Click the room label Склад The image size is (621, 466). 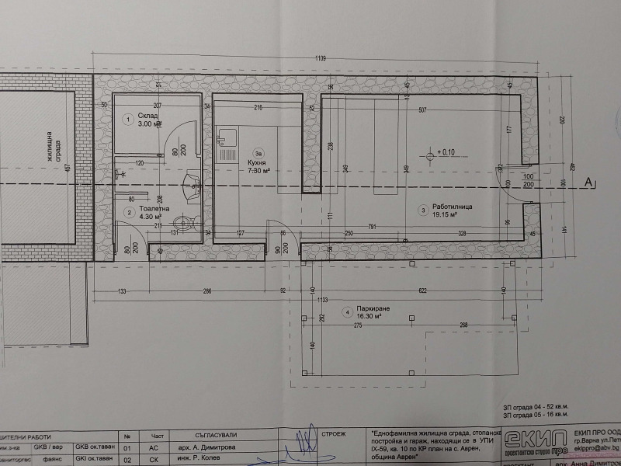pyautogui.click(x=148, y=116)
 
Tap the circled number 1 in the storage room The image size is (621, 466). pyautogui.click(x=128, y=119)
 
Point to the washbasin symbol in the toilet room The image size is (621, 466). pyautogui.click(x=190, y=185)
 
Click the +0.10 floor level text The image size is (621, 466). pyautogui.click(x=448, y=151)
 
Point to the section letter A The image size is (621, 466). pyautogui.click(x=589, y=183)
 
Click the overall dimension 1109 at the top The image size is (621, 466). pyautogui.click(x=320, y=57)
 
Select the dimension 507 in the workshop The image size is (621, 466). pyautogui.click(x=422, y=110)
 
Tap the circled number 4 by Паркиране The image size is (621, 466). pyautogui.click(x=346, y=313)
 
